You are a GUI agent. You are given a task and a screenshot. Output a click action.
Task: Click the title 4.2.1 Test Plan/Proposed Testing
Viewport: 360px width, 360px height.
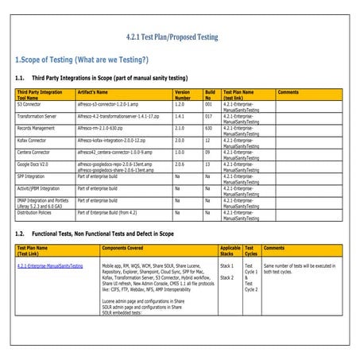coord(180,37)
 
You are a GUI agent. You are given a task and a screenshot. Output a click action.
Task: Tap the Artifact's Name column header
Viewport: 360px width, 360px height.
coord(96,92)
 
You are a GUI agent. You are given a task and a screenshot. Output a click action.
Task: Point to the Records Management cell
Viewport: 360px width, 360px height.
coord(38,127)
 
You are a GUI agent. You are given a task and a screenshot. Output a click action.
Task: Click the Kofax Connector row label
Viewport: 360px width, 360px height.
coord(33,140)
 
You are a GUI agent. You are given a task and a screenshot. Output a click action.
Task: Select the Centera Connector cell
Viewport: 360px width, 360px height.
coord(35,152)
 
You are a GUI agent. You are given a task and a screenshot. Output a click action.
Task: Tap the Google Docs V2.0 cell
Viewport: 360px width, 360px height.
coord(33,164)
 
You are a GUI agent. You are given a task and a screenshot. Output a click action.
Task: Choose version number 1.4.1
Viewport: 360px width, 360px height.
coord(180,116)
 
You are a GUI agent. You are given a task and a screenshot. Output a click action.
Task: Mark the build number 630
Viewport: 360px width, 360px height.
coord(209,127)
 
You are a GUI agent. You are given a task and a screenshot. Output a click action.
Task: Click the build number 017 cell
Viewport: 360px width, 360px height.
coord(209,116)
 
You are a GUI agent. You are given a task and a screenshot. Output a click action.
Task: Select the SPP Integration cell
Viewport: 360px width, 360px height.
coord(33,176)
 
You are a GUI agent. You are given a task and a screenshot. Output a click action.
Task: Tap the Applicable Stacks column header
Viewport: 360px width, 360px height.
coord(228,251)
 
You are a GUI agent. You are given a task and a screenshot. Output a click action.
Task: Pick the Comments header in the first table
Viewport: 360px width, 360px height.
coord(288,92)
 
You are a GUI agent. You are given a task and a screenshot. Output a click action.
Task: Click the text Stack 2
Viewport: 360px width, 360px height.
coord(227,277)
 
